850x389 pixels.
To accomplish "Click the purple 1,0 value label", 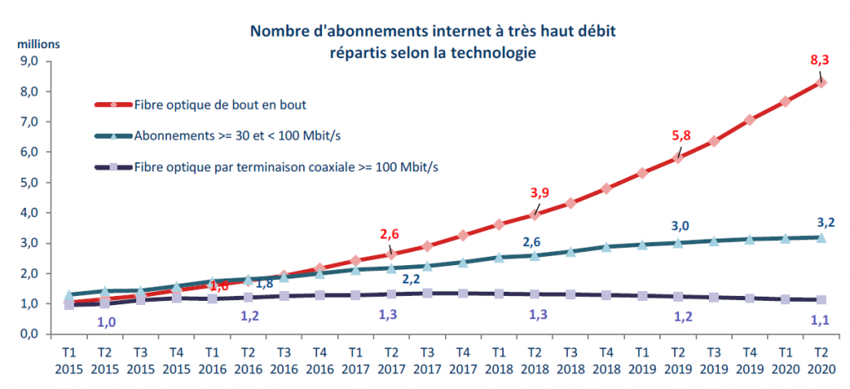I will point(106,322).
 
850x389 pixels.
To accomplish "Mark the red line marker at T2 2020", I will point(821,82).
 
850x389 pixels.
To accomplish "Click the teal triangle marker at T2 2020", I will point(821,237).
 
